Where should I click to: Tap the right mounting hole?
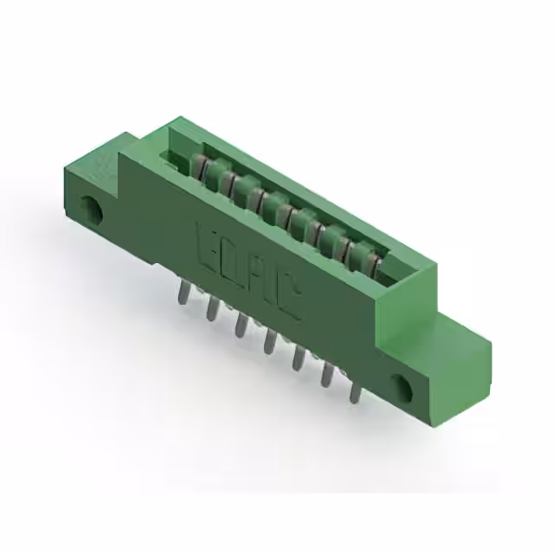(x=403, y=387)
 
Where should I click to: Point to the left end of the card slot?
(x=177, y=158)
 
